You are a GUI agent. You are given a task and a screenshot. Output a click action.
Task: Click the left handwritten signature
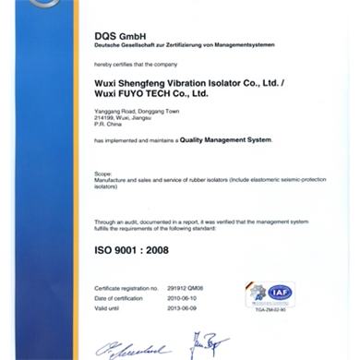point(135,349)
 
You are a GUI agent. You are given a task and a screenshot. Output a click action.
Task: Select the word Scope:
point(102,173)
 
